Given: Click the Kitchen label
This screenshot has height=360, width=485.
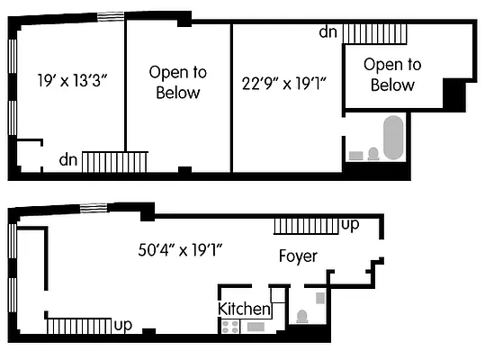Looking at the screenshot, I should (x=244, y=309).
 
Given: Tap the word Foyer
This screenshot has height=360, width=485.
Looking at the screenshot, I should (x=297, y=256).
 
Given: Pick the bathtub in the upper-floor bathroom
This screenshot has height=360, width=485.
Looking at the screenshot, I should (x=393, y=137).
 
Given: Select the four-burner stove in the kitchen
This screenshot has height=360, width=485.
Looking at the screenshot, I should (x=229, y=327).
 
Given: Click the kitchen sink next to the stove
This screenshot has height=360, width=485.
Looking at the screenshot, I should (x=254, y=327).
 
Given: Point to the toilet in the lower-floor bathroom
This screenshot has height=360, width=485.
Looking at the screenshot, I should (x=302, y=317).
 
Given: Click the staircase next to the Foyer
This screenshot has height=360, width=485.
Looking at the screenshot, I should (x=306, y=224).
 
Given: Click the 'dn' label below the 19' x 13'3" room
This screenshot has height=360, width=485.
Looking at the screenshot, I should (x=68, y=160).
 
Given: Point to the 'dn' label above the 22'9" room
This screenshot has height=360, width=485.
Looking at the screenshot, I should (x=328, y=32).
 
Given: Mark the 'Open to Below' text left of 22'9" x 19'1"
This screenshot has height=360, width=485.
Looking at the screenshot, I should (x=177, y=82).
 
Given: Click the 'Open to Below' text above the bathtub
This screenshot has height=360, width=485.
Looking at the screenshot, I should (x=392, y=75).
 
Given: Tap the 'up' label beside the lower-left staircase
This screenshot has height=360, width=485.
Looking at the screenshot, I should (x=124, y=323).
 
